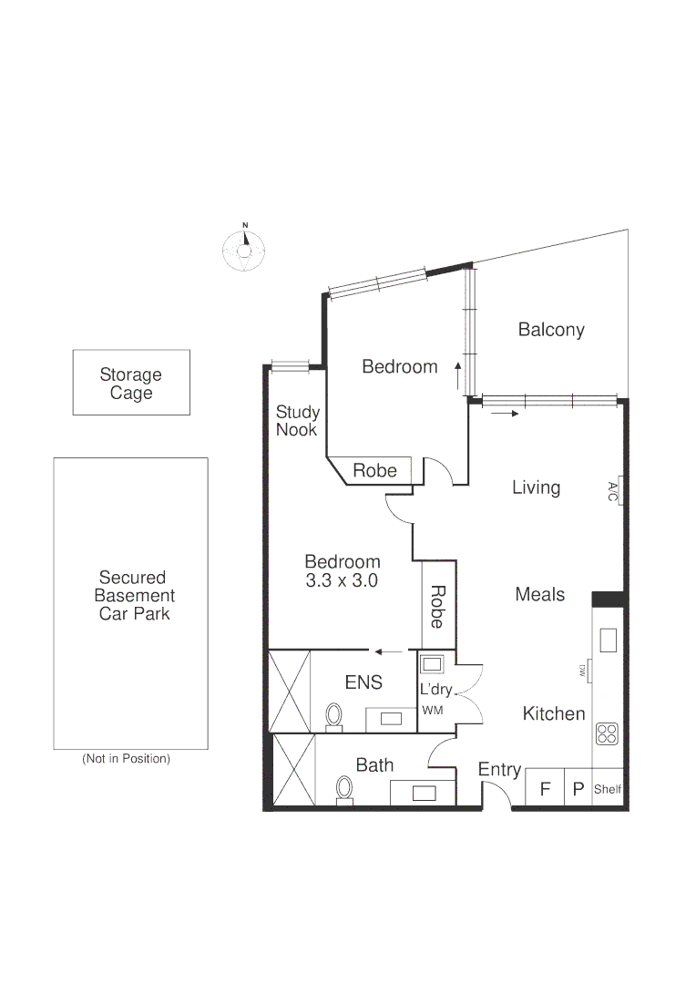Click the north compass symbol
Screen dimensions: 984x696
(x=244, y=248)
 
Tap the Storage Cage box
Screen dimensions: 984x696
(x=131, y=383)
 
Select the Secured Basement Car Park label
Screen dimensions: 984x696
(x=132, y=595)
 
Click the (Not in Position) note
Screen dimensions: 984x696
(x=126, y=758)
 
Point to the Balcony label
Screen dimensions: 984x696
(x=550, y=330)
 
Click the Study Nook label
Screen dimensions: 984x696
(x=297, y=421)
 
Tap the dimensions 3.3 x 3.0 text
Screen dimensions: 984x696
(x=342, y=580)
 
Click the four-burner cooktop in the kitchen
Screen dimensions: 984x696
(x=608, y=733)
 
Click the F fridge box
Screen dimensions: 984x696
(x=545, y=789)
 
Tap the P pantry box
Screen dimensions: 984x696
(x=578, y=789)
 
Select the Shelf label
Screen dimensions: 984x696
(x=608, y=789)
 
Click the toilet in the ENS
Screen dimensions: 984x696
(x=334, y=716)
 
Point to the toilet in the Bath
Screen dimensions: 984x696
(x=344, y=788)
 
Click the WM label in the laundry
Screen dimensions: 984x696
(x=432, y=711)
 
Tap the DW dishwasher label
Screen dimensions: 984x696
(x=582, y=671)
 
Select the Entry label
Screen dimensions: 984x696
(x=499, y=770)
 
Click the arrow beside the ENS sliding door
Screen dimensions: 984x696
(x=390, y=651)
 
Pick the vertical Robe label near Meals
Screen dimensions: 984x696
(x=437, y=607)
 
